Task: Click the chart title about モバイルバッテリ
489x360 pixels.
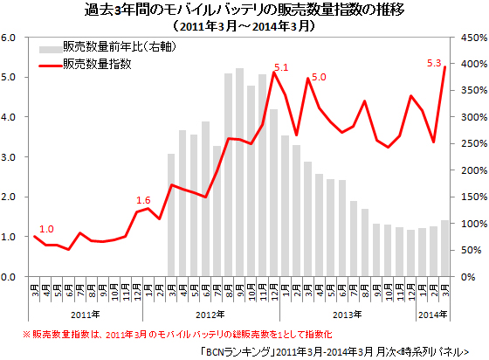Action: click(x=244, y=10)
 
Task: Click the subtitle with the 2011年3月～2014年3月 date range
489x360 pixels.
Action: click(x=244, y=26)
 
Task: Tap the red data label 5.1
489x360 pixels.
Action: click(x=281, y=67)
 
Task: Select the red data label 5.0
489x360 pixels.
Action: click(x=318, y=78)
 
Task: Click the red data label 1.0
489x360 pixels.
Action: click(x=47, y=229)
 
